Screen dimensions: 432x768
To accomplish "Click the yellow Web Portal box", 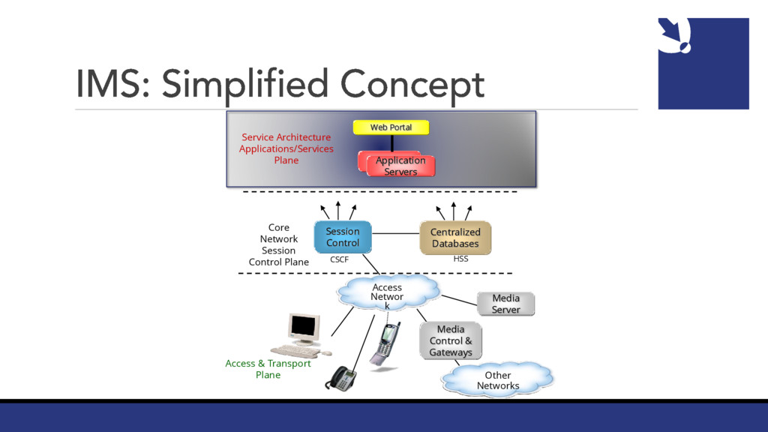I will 391,127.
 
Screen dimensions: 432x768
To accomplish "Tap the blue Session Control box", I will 342,237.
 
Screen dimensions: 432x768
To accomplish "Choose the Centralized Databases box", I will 454,238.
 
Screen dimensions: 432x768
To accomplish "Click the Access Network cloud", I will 387,293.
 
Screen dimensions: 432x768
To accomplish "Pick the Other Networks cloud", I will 497,380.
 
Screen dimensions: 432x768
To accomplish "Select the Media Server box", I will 505,304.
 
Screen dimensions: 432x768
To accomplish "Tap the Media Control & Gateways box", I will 450,340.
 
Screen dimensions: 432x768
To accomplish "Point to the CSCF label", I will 339,259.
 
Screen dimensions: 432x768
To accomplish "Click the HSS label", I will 460,259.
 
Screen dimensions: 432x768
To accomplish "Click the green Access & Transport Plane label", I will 268,369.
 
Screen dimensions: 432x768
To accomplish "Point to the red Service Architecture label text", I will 286,148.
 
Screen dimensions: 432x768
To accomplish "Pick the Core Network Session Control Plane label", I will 278,244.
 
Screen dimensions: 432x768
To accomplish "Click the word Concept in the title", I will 412,85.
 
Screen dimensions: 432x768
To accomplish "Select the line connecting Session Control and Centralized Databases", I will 394,233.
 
